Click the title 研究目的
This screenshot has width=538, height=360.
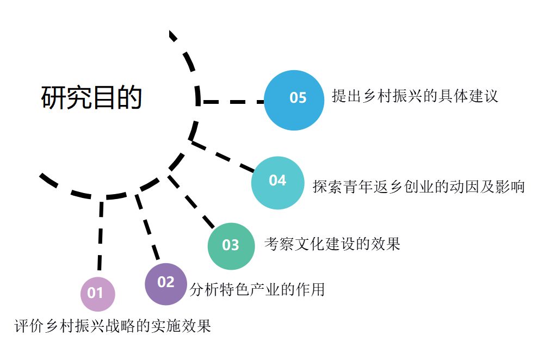(x=91, y=98)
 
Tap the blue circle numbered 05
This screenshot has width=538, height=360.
(x=294, y=100)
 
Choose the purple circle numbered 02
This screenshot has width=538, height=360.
(x=166, y=283)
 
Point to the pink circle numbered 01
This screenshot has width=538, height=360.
(x=97, y=294)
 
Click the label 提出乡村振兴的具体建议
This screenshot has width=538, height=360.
(x=415, y=97)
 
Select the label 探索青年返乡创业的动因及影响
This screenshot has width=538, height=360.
(x=418, y=187)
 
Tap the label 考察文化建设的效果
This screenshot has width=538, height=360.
(x=332, y=244)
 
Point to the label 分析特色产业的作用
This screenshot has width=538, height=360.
(x=257, y=289)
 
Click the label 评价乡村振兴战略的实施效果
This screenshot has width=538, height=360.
(x=113, y=326)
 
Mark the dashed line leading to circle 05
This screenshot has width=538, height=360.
(x=232, y=101)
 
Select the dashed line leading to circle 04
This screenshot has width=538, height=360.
(x=223, y=157)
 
